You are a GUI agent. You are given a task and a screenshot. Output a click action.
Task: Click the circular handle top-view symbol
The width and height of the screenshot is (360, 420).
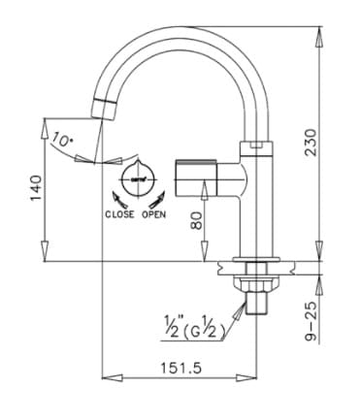(x=135, y=179)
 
